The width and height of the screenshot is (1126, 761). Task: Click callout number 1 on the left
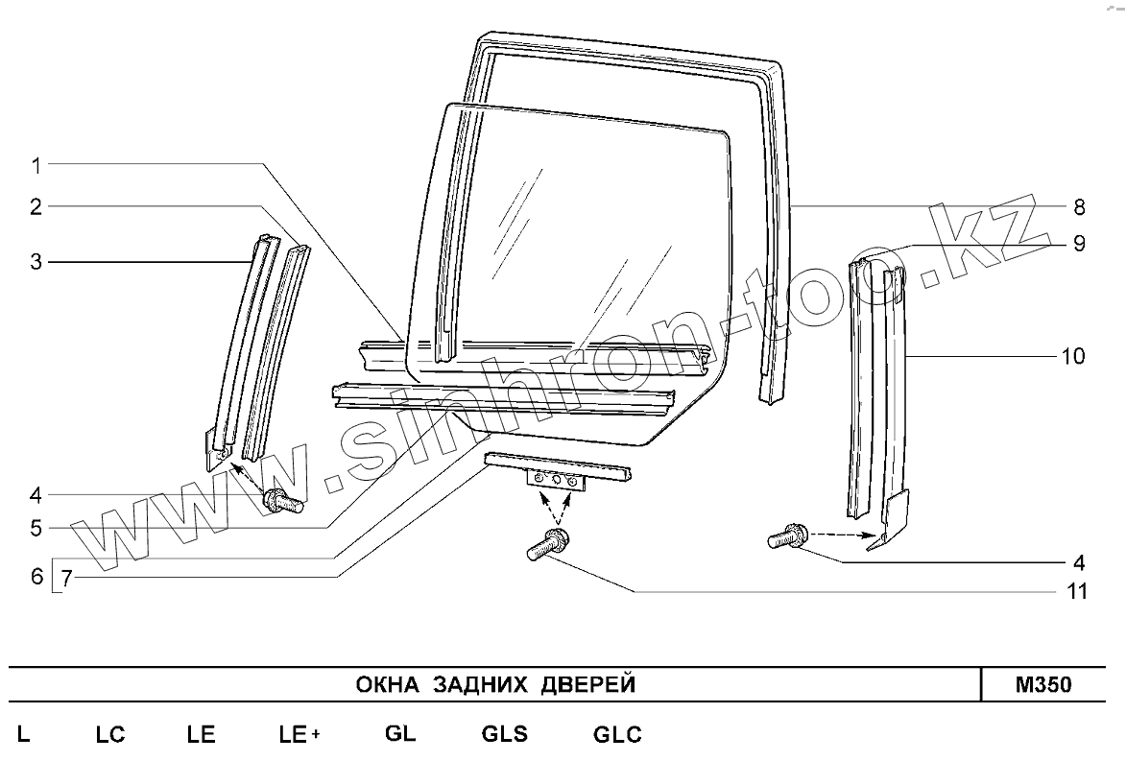click(36, 165)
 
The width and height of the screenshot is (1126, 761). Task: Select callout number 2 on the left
click(36, 206)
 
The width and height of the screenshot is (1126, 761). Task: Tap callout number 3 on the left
click(36, 261)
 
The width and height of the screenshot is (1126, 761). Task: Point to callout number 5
click(36, 527)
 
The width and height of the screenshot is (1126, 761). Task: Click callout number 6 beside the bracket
click(36, 577)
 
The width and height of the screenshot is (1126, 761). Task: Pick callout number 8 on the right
click(1079, 206)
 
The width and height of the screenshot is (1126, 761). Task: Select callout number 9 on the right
click(1079, 244)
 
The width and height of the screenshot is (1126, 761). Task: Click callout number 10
click(1073, 356)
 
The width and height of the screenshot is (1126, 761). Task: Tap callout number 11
click(1077, 591)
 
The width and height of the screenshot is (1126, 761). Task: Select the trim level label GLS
click(504, 735)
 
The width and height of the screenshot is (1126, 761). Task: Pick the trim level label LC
click(110, 735)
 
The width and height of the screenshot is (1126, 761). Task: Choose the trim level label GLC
click(617, 735)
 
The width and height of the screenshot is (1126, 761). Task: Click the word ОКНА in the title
click(389, 685)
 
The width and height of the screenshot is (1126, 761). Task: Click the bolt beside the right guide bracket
click(787, 537)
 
